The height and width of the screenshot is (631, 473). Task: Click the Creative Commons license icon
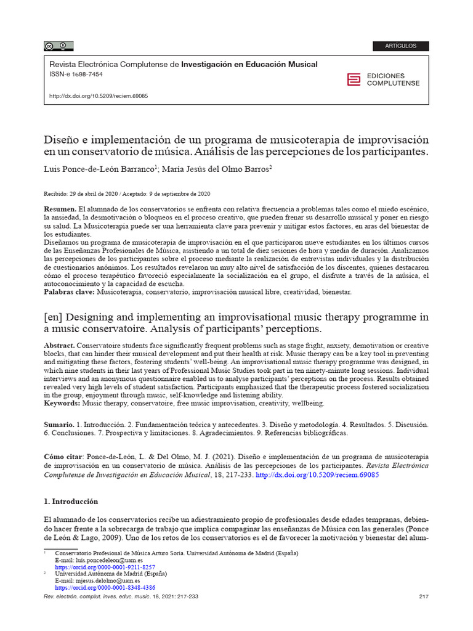pos(58,46)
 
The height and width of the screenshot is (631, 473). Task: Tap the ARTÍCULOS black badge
pos(400,46)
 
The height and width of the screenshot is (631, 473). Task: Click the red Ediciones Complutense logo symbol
pos(354,79)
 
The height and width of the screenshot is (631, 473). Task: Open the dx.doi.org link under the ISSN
pos(98,97)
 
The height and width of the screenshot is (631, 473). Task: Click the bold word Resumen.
pos(60,210)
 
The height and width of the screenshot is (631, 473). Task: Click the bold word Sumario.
pos(59,426)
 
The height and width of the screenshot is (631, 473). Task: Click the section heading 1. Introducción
pos(71,502)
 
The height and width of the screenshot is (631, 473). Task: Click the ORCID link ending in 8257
pos(105,567)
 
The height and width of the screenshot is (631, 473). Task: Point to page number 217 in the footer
pos(423,596)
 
